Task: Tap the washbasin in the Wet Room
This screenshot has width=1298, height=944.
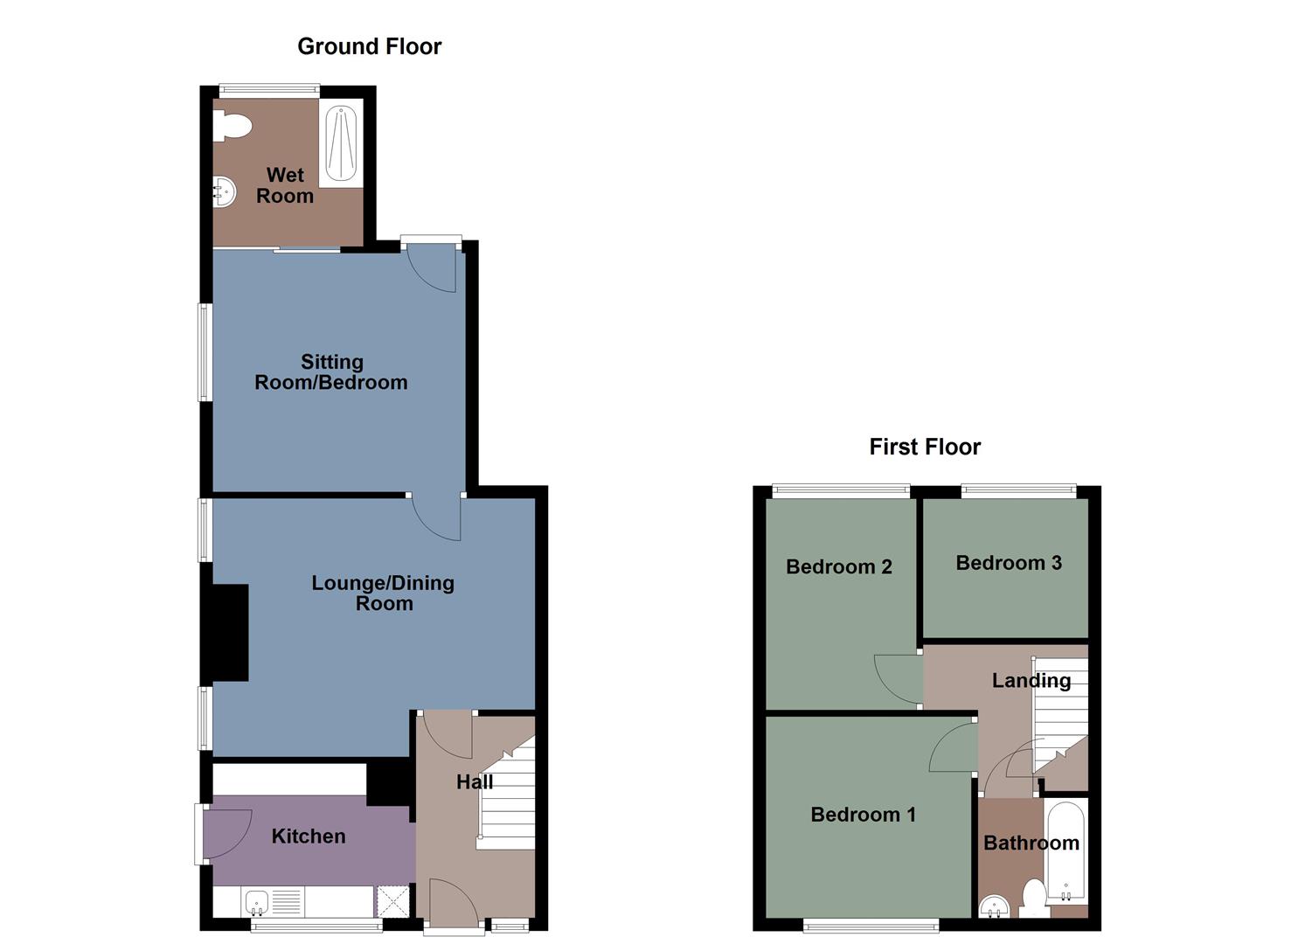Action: coord(225,192)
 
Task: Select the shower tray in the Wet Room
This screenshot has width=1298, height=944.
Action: coord(341,143)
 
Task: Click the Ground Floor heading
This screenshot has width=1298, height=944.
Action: coord(369,46)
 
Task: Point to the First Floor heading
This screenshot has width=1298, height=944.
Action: coord(925,447)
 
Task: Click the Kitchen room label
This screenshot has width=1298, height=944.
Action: coord(309,836)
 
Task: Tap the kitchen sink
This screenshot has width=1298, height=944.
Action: coord(258,902)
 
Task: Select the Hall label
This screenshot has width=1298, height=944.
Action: coord(475,781)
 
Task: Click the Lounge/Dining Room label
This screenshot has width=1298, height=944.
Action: coord(384,593)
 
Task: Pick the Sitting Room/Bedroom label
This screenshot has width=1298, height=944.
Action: coord(331,372)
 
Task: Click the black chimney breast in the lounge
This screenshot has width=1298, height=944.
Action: coord(226,633)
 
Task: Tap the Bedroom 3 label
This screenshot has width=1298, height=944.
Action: coord(1009,563)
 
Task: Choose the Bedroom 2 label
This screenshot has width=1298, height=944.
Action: coord(839,566)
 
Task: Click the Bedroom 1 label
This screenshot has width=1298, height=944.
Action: coord(864,815)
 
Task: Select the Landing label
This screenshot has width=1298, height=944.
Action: coord(1031,680)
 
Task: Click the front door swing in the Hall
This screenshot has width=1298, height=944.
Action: coord(452,899)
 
